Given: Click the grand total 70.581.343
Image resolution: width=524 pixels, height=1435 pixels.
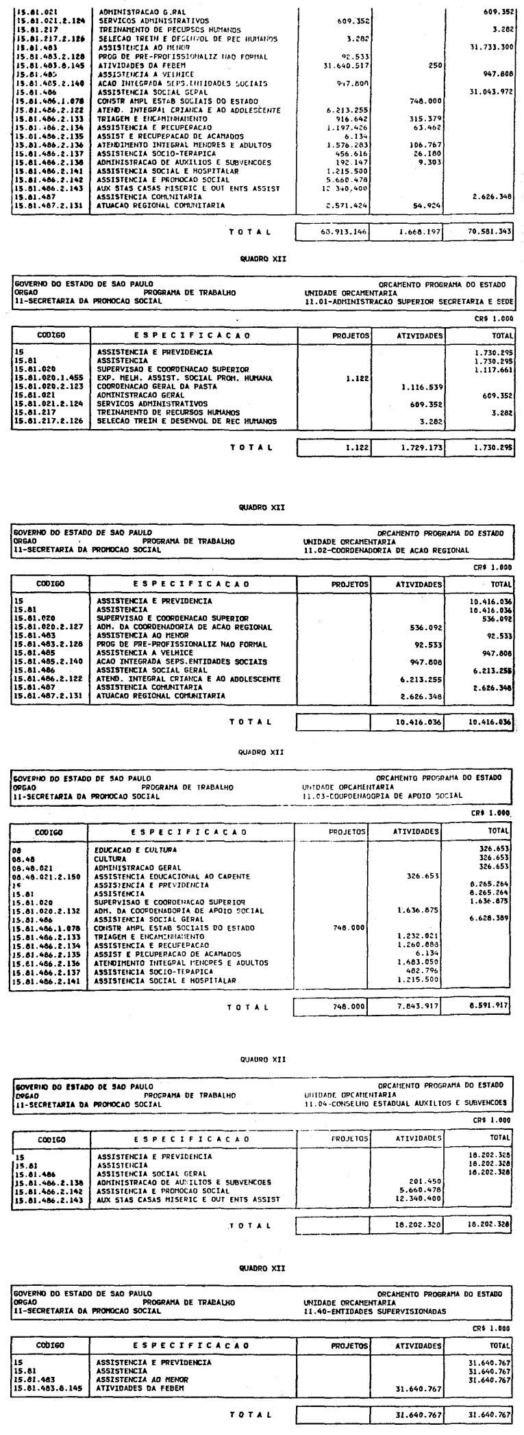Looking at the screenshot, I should pos(488,232).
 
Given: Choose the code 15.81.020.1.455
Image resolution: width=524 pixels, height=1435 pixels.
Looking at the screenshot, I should pos(46,378).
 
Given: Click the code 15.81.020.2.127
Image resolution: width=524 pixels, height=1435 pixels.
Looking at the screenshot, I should pos(46,627).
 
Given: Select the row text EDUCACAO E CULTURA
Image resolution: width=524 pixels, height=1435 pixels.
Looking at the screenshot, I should pos(137,849).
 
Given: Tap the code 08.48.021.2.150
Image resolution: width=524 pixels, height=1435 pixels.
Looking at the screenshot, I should pos(46,877).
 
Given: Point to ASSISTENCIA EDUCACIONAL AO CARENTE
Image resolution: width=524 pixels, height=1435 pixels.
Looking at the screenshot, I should pos(172,877).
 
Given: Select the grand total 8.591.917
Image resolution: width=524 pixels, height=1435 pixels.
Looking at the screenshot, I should pos(488,1007).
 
